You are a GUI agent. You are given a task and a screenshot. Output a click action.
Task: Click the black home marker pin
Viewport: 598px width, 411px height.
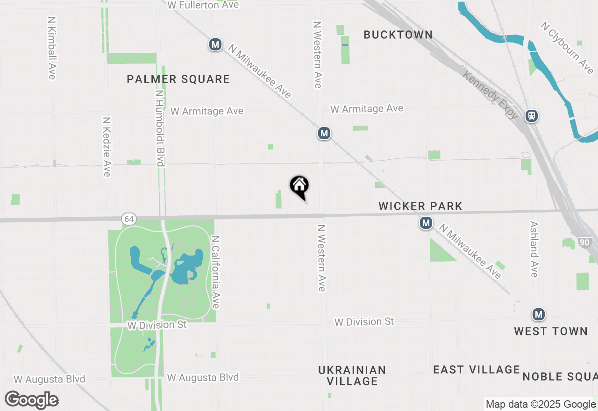299,186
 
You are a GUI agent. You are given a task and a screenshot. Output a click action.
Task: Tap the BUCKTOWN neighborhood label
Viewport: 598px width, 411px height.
398,35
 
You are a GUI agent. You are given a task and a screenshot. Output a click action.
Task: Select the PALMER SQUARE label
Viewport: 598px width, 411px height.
178,79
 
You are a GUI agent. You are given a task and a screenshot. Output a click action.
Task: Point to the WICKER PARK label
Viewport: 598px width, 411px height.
420,206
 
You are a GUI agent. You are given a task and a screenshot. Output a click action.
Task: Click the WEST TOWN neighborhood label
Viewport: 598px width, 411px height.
551,331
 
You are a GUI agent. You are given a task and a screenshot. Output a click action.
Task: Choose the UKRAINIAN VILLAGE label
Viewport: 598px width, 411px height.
352,376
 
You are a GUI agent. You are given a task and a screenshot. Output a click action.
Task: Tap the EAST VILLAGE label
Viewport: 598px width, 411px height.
477,369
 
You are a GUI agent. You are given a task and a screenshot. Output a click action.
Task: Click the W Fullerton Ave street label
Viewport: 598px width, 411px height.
203,5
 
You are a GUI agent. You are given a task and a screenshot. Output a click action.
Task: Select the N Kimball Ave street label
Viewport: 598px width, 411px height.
51,48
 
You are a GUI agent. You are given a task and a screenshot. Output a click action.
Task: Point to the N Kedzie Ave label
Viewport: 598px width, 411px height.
107,147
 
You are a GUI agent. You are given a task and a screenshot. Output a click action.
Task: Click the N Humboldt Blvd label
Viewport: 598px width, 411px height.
160,128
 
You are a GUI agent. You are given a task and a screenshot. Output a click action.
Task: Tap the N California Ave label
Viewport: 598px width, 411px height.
215,272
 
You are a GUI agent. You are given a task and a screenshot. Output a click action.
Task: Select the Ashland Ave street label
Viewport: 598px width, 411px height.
534,249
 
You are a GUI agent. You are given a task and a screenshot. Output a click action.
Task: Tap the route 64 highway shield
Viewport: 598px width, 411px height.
129,218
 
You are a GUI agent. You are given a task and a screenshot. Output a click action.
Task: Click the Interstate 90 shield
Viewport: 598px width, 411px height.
584,242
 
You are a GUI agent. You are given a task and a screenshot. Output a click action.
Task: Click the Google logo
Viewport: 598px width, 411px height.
32,400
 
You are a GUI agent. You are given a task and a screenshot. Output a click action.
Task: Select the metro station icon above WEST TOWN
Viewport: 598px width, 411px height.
539,314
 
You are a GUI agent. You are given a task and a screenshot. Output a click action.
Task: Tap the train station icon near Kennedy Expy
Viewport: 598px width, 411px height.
531,116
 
